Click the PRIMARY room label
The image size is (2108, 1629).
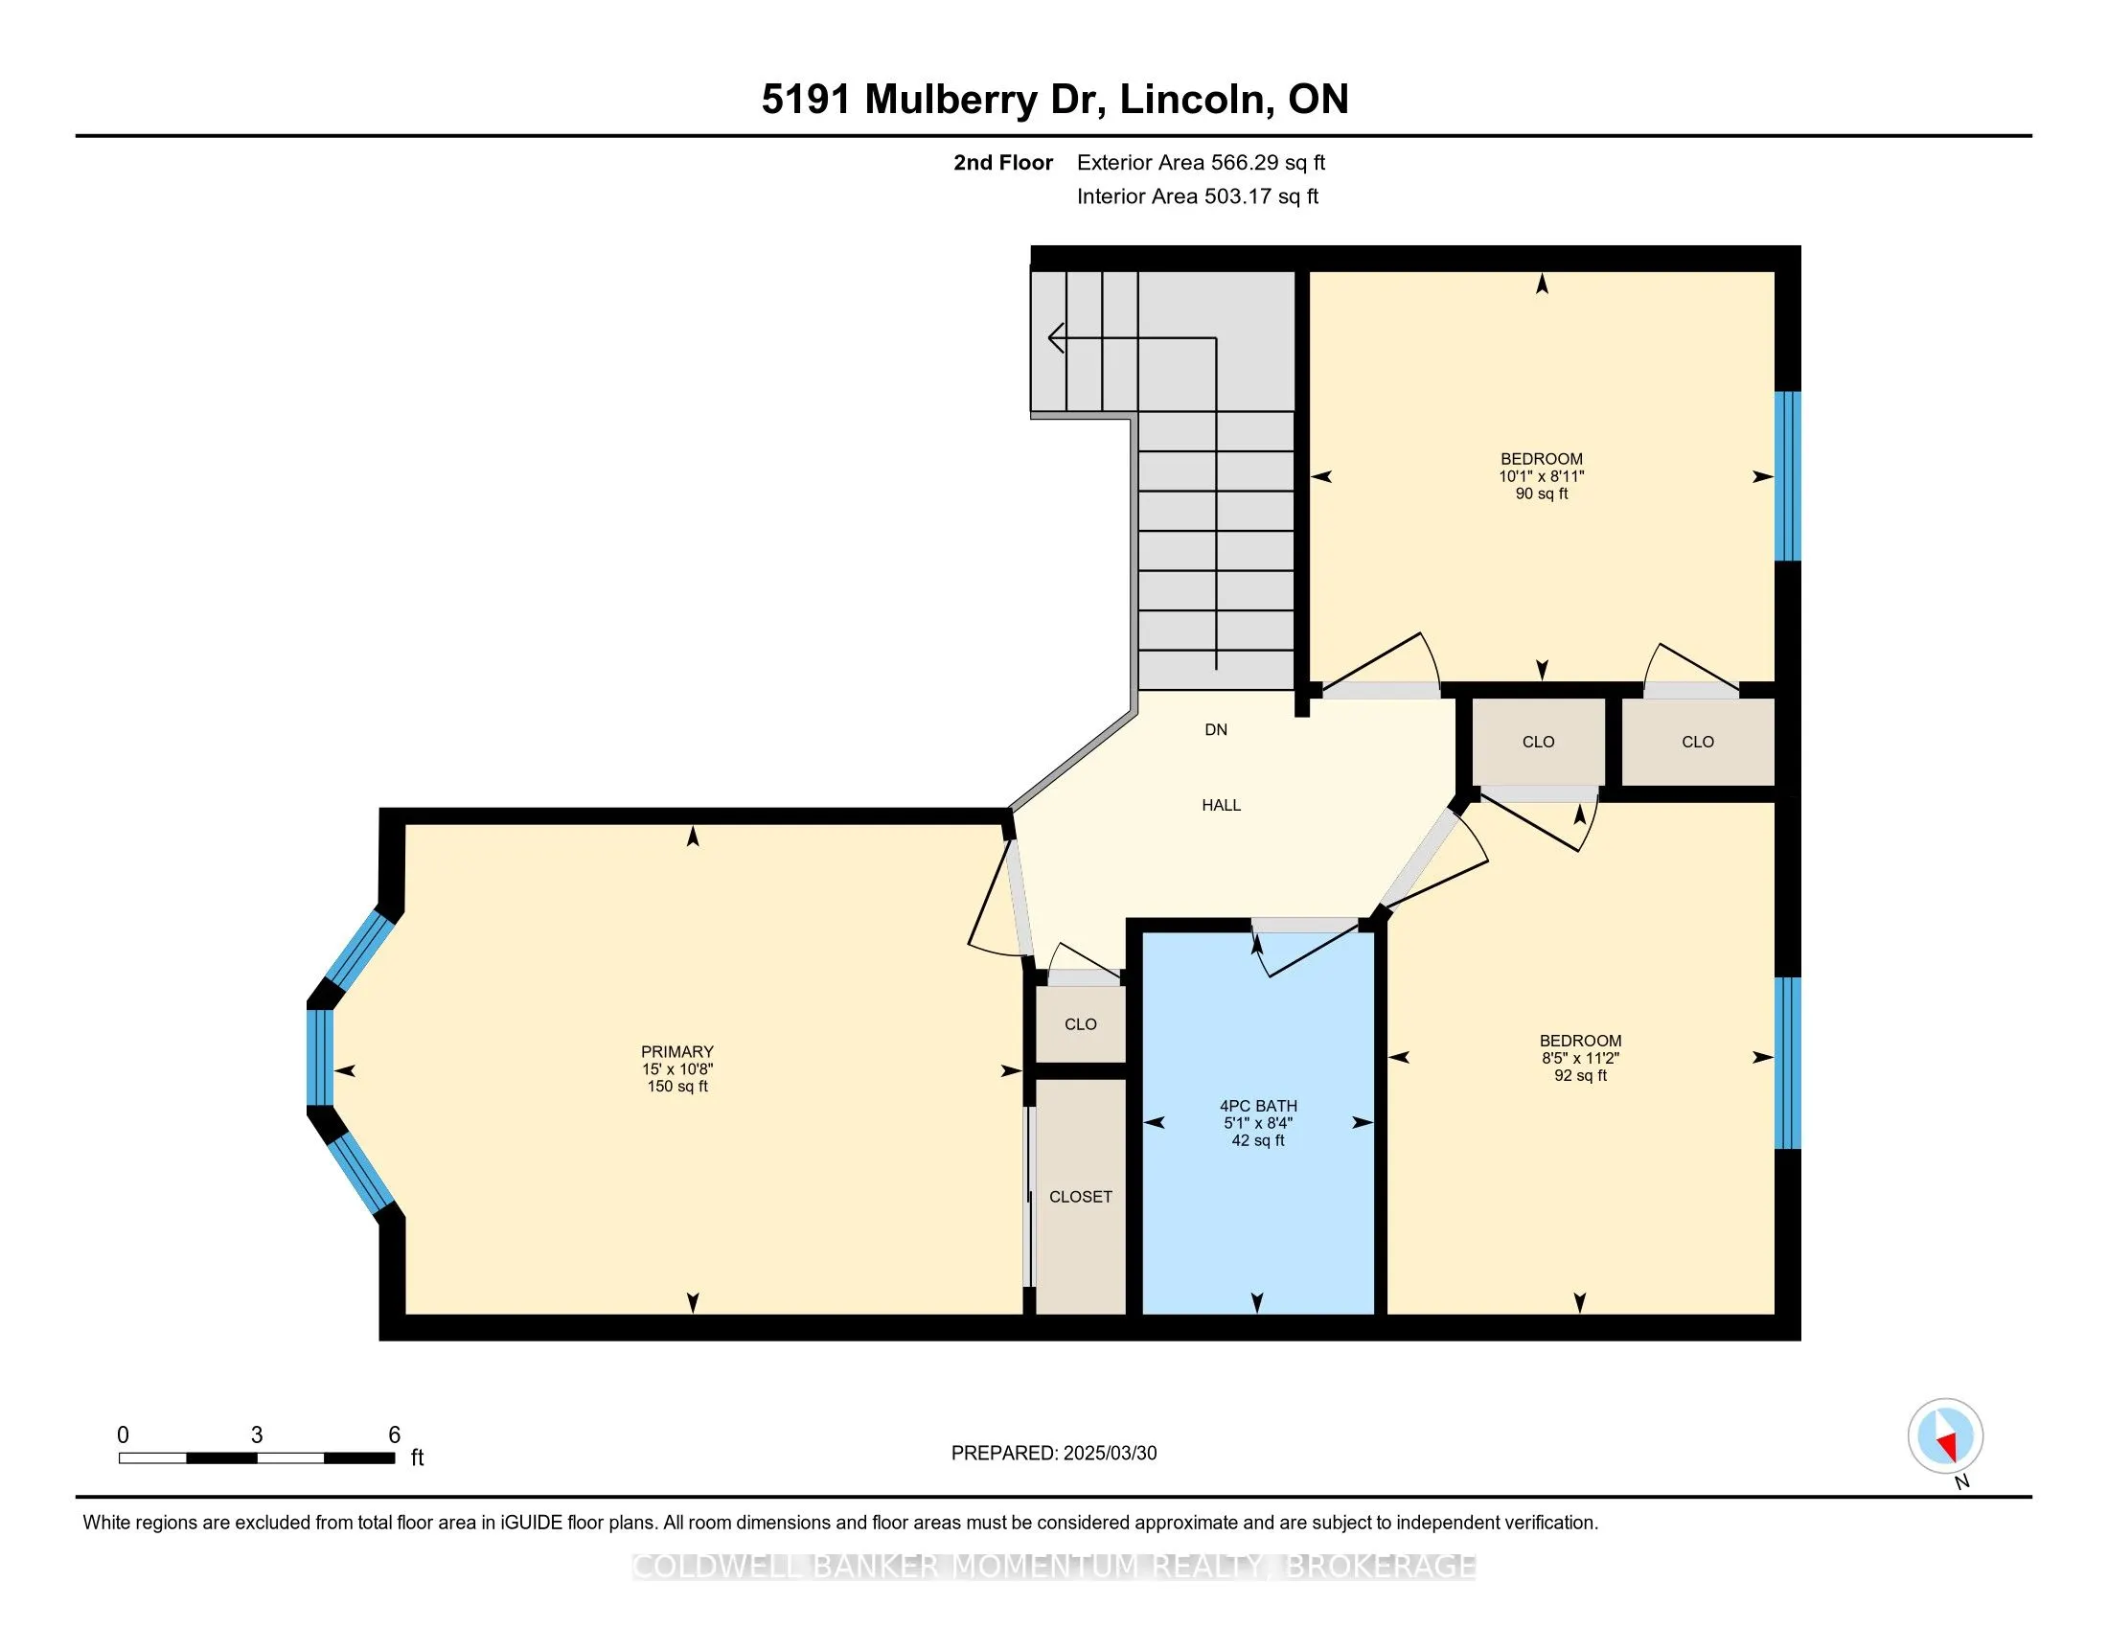tap(676, 1051)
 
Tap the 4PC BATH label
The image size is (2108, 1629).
tap(1258, 1105)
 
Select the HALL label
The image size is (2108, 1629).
tap(1221, 804)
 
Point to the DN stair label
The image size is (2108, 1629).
tap(1215, 728)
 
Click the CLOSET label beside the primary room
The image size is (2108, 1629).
tap(1080, 1196)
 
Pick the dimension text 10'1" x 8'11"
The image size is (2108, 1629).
tap(1542, 476)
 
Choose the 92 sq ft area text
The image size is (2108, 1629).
tap(1580, 1074)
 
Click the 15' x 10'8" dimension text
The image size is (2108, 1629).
tap(676, 1068)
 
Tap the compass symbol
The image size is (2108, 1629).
tap(1945, 1435)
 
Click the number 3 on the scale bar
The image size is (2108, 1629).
tap(256, 1434)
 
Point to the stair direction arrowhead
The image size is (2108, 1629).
tap(1056, 337)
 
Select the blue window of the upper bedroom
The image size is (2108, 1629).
tap(1788, 476)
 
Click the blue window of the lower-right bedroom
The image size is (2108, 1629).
tap(1788, 1063)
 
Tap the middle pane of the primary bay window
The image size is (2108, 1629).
tap(319, 1057)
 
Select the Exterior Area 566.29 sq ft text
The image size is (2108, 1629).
tap(1201, 162)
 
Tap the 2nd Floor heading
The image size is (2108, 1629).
tap(1003, 162)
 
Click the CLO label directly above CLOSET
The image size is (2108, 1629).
tap(1080, 1024)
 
